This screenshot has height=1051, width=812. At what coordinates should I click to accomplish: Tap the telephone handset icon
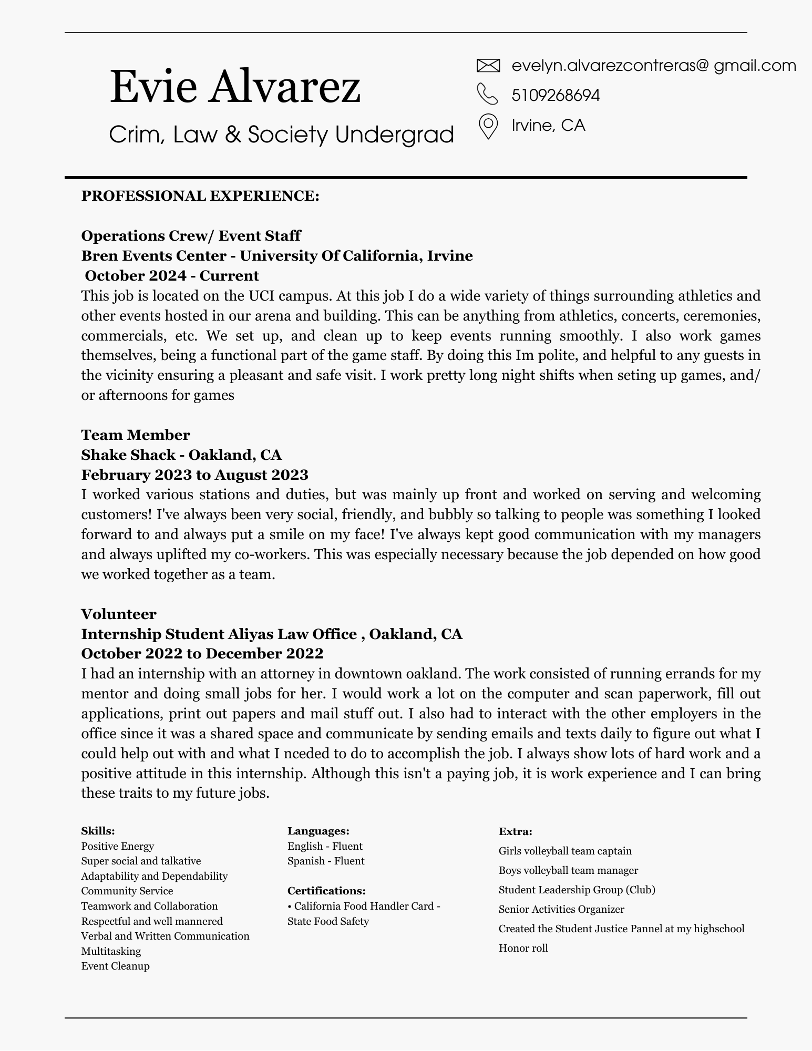tap(487, 94)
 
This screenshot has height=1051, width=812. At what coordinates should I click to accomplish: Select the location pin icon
tap(488, 126)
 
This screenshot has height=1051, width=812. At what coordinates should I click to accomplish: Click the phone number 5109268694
tap(556, 95)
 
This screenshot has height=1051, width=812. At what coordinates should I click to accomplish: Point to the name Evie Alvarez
tap(235, 87)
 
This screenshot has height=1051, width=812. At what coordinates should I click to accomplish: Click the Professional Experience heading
tap(200, 196)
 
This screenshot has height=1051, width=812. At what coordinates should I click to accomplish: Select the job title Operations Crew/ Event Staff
tap(191, 235)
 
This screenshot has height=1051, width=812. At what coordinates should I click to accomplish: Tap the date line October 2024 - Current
tap(172, 275)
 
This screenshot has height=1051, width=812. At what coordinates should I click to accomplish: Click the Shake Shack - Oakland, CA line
tap(181, 455)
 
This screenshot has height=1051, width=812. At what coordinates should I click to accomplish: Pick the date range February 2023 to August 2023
tap(194, 475)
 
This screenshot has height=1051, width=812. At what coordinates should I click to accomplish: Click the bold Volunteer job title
tap(119, 614)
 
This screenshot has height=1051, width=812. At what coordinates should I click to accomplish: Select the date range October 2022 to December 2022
tap(202, 654)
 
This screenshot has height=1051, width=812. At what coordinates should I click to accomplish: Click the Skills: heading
tap(98, 831)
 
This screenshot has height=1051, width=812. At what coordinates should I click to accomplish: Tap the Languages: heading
tap(318, 831)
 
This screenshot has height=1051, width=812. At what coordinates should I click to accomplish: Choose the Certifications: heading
tap(326, 891)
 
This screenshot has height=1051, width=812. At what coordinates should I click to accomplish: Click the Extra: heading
tap(515, 831)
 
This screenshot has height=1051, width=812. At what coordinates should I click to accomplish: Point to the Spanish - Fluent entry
tap(325, 861)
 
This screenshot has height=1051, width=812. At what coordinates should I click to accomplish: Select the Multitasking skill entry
tap(111, 951)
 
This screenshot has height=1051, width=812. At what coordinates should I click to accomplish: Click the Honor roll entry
tap(523, 948)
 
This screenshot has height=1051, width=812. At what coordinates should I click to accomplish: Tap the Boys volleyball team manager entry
tap(568, 870)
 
